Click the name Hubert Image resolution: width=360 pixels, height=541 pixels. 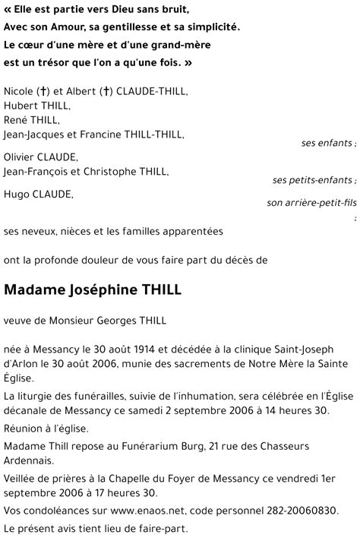(x=20, y=106)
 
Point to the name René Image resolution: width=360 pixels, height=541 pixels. (x=16, y=119)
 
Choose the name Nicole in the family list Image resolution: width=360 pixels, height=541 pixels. (x=18, y=92)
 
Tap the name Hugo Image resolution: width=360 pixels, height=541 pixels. (x=17, y=194)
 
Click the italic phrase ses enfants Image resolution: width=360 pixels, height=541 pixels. (x=327, y=144)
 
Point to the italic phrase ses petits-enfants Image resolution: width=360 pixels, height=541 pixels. (x=312, y=180)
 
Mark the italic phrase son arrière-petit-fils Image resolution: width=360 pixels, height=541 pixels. (x=311, y=203)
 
